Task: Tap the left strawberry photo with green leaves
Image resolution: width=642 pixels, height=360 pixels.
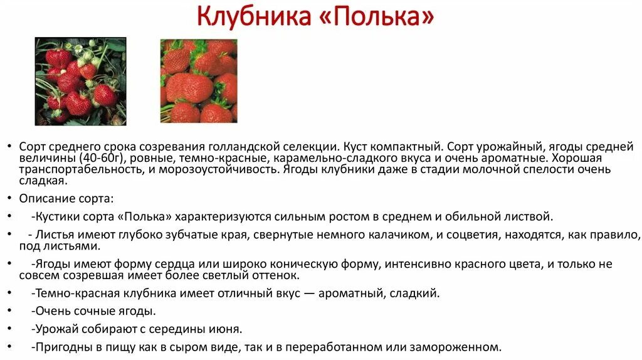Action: (80, 82)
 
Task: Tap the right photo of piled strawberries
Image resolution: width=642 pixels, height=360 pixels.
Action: (199, 81)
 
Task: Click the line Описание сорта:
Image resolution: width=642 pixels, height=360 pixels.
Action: (66, 198)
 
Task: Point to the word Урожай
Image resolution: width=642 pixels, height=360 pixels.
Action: (58, 329)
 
